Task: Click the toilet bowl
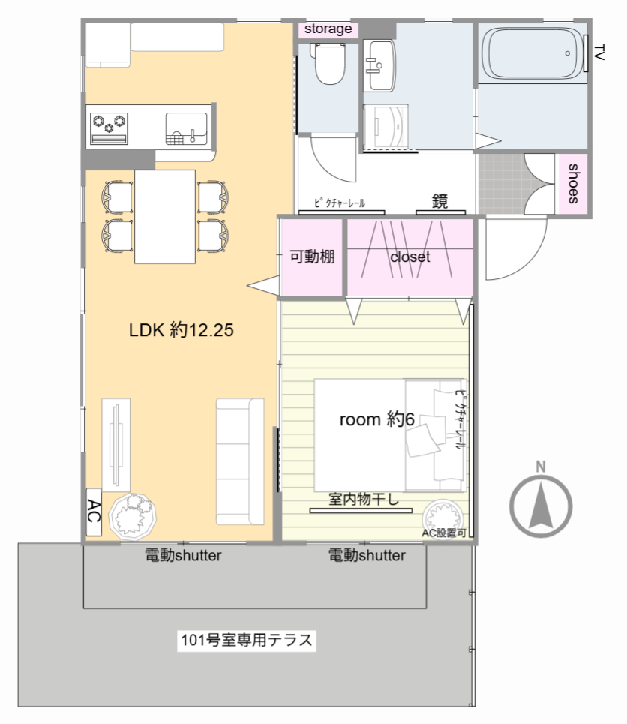tap(329, 64)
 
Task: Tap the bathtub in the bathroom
tap(532, 53)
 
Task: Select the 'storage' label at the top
tap(328, 29)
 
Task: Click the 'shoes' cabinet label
tap(573, 183)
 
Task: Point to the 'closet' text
tap(410, 257)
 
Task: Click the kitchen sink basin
tap(187, 128)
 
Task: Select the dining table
tap(165, 217)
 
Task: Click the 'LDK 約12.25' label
tap(181, 329)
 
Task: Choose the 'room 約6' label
tap(376, 419)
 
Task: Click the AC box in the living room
tap(94, 512)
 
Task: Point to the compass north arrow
tap(541, 506)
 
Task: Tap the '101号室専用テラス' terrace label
tap(247, 640)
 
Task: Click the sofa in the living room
tap(240, 461)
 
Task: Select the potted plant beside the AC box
tap(133, 516)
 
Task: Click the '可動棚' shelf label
tap(312, 257)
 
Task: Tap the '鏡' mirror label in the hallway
tap(439, 201)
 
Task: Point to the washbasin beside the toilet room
tap(379, 65)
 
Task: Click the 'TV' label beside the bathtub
tap(599, 53)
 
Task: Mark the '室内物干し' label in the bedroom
tap(363, 499)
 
